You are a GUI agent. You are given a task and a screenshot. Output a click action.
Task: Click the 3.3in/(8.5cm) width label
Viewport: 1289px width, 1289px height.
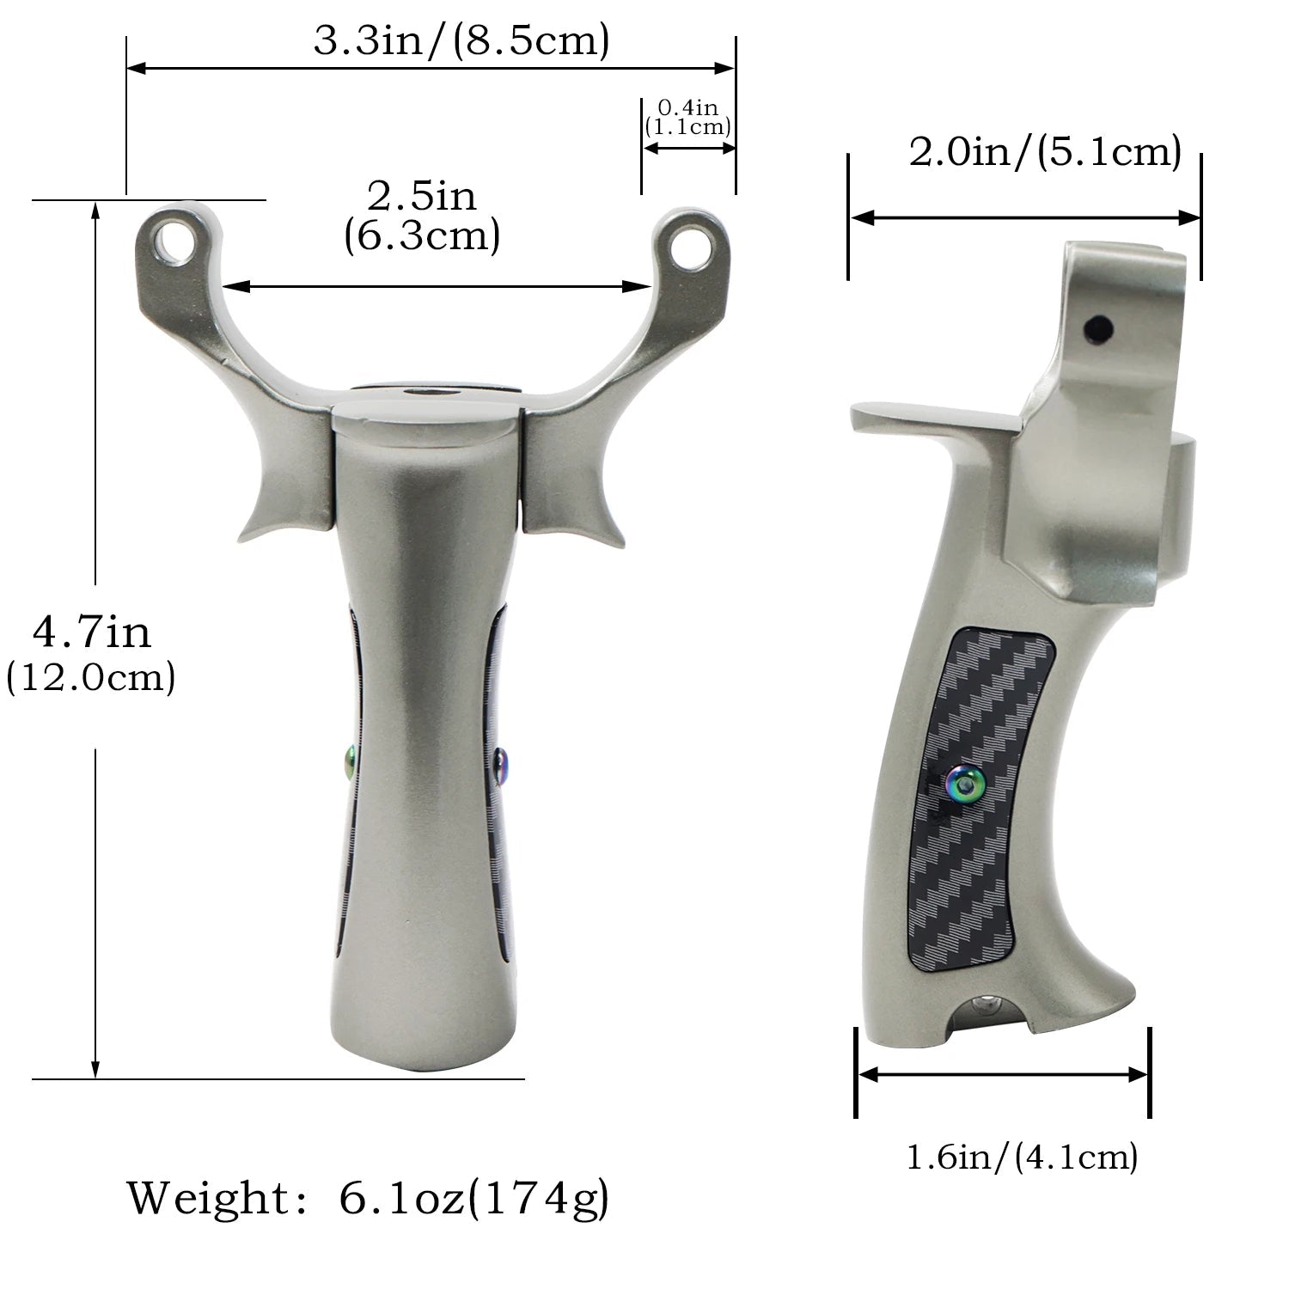tap(461, 40)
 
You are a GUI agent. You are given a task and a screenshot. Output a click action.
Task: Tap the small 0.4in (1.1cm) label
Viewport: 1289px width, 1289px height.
tap(687, 118)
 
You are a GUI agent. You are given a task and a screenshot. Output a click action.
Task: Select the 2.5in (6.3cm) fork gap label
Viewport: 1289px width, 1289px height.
tap(422, 216)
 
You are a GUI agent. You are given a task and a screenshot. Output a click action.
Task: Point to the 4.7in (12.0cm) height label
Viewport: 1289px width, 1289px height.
tap(91, 654)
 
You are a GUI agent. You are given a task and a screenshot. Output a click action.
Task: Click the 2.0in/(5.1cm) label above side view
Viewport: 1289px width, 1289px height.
tap(1045, 153)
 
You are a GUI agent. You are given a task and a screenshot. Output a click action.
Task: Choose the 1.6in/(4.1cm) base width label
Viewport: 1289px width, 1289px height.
tap(1022, 1157)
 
